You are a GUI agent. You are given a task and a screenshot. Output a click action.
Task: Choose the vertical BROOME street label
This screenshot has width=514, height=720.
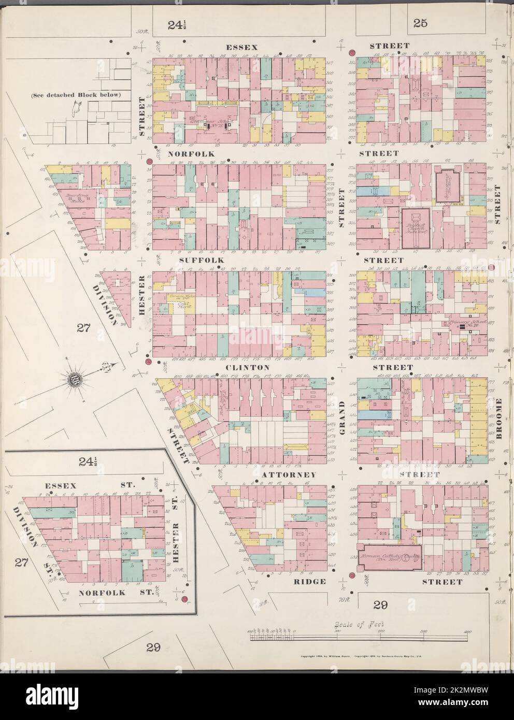pos(499,419)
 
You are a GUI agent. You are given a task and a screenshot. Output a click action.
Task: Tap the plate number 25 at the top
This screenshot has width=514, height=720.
pos(420,22)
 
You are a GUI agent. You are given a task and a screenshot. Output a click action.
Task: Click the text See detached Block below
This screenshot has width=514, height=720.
pos(75,95)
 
